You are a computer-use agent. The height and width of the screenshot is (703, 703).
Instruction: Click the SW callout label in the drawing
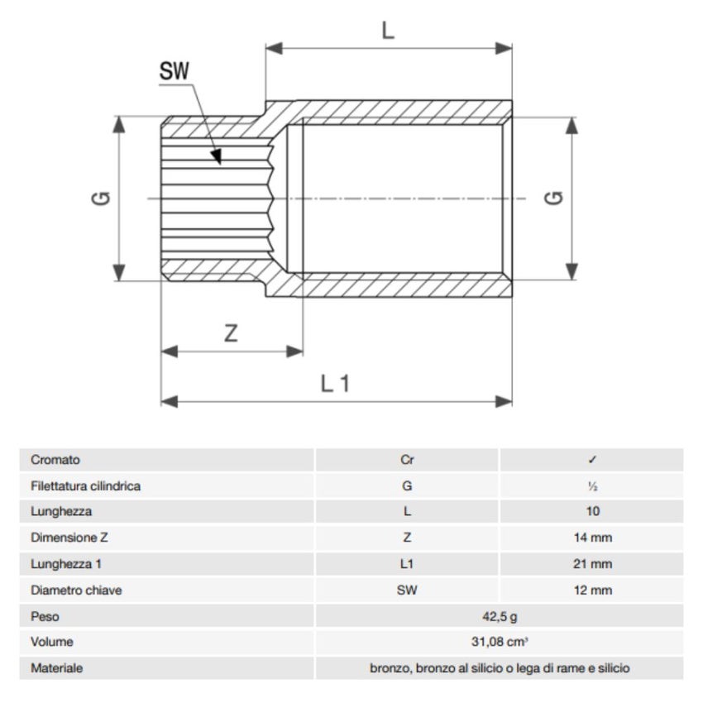point(175,72)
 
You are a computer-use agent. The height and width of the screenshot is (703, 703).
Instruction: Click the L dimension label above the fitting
point(388,31)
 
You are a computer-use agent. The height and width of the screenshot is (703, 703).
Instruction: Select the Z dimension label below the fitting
point(232,333)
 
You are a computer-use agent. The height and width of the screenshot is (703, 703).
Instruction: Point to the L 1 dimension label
point(336,383)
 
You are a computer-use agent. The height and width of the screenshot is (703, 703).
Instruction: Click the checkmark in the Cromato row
point(592,460)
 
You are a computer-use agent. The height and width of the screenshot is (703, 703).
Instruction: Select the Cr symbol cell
point(407,460)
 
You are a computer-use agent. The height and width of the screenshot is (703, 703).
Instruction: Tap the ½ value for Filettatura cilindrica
point(592,486)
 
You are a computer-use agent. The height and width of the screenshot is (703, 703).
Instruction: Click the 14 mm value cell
point(592,538)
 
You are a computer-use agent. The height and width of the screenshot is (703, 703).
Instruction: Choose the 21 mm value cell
point(592,564)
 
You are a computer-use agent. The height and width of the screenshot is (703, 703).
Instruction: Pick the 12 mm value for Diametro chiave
point(592,591)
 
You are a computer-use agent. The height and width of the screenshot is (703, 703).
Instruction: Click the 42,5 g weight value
point(500,616)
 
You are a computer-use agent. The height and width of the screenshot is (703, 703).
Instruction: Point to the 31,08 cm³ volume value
point(500,642)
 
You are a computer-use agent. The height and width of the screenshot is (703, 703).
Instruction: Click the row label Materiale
point(57,668)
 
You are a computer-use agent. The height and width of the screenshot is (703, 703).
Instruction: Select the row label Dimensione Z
point(69,538)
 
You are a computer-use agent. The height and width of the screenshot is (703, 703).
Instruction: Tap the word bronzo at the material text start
point(390,668)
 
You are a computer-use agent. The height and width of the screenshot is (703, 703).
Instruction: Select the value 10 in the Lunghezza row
point(592,512)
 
